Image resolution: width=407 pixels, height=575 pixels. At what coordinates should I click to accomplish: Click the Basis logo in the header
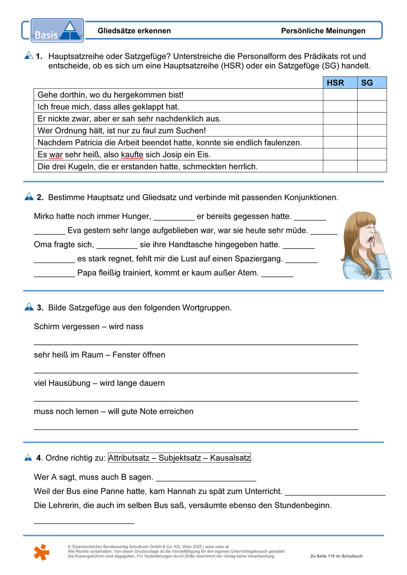point(57,31)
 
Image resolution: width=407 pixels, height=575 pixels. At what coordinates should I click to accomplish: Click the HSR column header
point(340,83)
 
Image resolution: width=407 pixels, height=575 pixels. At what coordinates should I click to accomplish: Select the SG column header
point(371,83)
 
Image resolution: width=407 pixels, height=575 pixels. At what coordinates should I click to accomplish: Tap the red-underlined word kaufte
point(132,155)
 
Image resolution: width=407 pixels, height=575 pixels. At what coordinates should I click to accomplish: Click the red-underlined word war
point(56,155)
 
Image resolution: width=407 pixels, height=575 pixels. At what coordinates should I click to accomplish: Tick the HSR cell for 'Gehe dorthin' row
point(340,95)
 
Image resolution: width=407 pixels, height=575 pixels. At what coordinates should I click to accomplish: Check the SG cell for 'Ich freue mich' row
point(371,106)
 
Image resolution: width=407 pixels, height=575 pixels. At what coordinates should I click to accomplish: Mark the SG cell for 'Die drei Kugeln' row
point(371,166)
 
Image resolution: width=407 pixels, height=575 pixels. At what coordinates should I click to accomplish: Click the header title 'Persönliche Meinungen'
point(323,31)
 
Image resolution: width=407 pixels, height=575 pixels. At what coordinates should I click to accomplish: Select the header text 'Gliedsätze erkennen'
point(134,31)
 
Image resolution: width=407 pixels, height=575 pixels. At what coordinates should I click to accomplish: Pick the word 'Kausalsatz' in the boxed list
point(230,458)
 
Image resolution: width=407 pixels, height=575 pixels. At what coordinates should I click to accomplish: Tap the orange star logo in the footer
point(41,551)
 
